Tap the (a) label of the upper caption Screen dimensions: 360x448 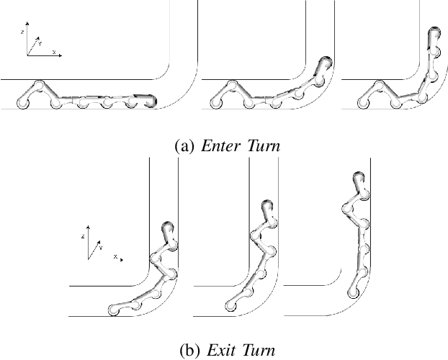(184, 146)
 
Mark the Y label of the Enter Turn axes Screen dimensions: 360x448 (40, 44)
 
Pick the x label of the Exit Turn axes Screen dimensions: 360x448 (115, 256)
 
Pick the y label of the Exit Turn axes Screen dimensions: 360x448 (101, 247)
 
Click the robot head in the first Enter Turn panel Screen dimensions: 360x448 (150, 100)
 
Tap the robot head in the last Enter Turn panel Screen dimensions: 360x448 (434, 35)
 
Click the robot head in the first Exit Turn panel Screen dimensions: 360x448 (168, 230)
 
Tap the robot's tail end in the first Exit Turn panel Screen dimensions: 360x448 (112, 310)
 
